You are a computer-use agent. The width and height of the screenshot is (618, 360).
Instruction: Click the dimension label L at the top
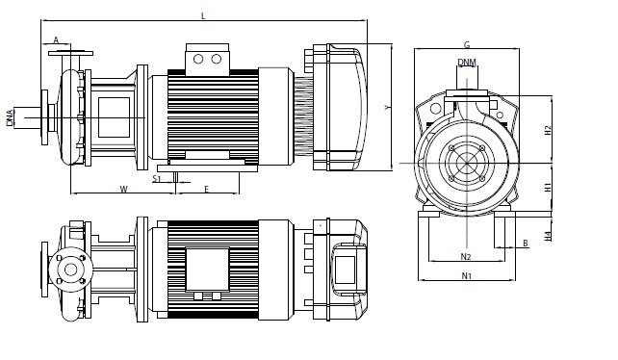(203, 15)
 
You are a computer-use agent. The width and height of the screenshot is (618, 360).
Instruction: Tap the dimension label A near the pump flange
(56, 39)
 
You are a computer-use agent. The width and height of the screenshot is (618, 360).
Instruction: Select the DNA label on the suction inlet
(10, 117)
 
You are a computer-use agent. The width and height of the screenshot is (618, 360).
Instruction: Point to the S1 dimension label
(157, 179)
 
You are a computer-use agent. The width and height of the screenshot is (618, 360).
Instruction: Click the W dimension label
(124, 190)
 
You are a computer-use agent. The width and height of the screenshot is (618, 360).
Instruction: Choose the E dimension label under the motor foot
(207, 190)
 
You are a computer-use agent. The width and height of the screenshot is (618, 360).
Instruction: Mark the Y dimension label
(387, 107)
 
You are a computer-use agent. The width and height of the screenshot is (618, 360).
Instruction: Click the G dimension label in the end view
(467, 44)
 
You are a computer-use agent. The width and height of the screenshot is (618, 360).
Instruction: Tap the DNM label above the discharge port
(467, 63)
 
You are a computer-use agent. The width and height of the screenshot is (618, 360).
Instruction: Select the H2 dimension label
(548, 130)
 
